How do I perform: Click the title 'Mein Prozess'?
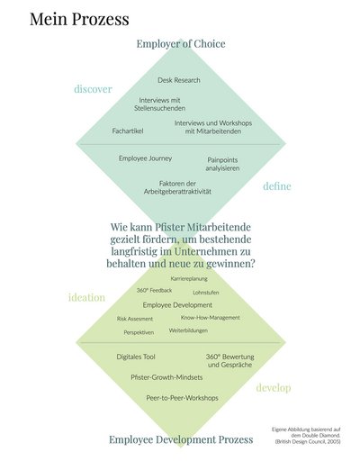(x=79, y=20)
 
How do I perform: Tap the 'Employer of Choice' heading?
(x=181, y=44)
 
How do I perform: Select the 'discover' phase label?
(x=93, y=89)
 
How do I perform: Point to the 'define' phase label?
(x=277, y=186)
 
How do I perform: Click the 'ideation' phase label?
(x=86, y=297)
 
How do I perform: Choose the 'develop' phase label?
(x=274, y=388)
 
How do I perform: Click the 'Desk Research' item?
(x=179, y=80)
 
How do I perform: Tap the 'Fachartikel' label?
(x=128, y=131)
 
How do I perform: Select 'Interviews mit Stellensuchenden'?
(x=159, y=104)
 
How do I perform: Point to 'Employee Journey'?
(x=145, y=158)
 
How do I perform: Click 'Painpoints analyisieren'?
(x=222, y=164)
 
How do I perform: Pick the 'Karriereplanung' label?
(x=189, y=279)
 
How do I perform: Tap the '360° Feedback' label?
(x=154, y=291)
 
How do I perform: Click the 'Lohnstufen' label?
(x=206, y=293)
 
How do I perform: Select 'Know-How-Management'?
(x=210, y=318)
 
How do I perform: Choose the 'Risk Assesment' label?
(x=135, y=319)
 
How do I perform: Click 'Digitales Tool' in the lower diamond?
(x=136, y=357)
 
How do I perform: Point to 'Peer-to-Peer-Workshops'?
(x=182, y=398)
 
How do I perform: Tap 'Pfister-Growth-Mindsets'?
(x=166, y=377)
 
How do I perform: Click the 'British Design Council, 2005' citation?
(x=308, y=441)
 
